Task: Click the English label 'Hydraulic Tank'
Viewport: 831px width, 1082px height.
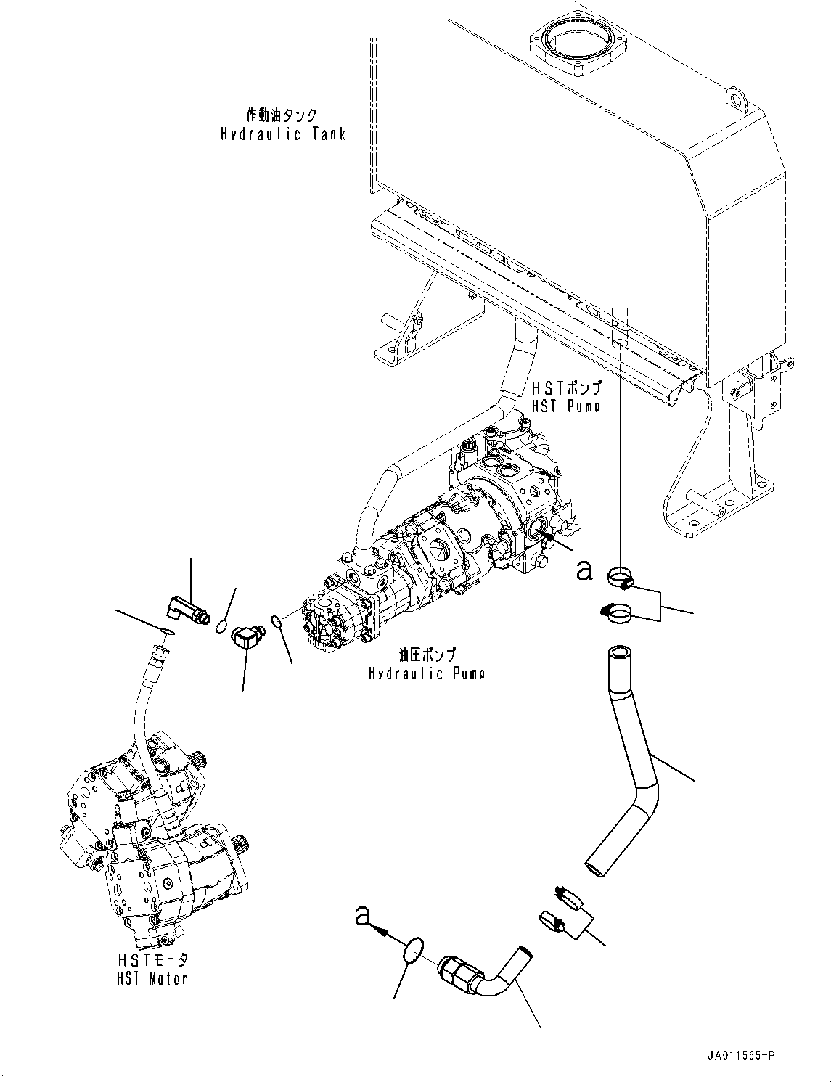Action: coord(283,134)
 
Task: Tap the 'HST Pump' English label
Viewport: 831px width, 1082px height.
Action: coord(565,406)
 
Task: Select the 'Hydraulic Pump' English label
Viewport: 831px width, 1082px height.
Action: coord(426,673)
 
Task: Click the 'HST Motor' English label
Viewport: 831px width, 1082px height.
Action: coord(152,978)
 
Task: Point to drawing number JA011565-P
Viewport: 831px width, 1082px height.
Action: coord(739,1056)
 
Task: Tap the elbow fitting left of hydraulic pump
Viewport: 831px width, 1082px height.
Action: coord(245,636)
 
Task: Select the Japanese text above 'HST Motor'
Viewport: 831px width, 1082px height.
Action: coord(152,959)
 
